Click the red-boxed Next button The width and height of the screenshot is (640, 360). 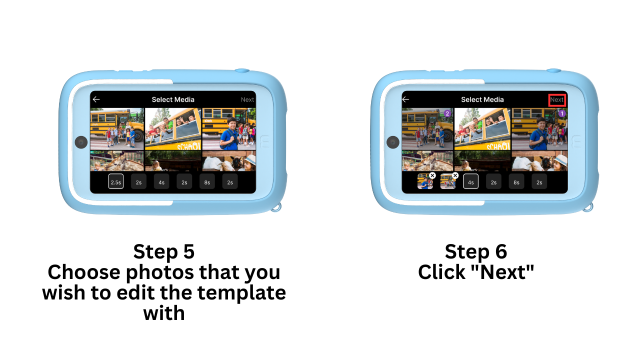pyautogui.click(x=557, y=100)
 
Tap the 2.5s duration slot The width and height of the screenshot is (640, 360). pyautogui.click(x=115, y=181)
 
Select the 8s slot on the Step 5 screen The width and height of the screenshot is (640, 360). pyautogui.click(x=207, y=181)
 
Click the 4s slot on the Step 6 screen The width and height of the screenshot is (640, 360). pyautogui.click(x=470, y=181)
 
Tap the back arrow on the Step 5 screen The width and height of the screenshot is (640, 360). pyautogui.click(x=96, y=99)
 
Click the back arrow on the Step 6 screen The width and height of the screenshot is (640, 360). pyautogui.click(x=405, y=99)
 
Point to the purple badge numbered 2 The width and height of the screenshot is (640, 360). pyautogui.click(x=447, y=113)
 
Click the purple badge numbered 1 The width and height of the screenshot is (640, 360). pyautogui.click(x=562, y=113)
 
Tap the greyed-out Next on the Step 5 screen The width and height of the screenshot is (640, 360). pyautogui.click(x=247, y=99)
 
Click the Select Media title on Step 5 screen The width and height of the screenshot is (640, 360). pyautogui.click(x=173, y=99)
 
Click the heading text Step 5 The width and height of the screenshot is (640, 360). pyautogui.click(x=163, y=251)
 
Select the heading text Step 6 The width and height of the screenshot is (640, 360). pyautogui.click(x=475, y=251)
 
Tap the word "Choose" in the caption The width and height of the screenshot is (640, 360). pyautogui.click(x=84, y=272)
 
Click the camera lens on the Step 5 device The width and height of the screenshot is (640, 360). pyautogui.click(x=81, y=142)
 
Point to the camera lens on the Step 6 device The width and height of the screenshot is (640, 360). pyautogui.click(x=393, y=142)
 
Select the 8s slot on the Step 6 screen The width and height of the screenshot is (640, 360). pyautogui.click(x=516, y=181)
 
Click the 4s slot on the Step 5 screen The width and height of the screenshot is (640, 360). pyautogui.click(x=161, y=181)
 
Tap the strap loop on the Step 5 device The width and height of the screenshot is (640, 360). pyautogui.click(x=276, y=207)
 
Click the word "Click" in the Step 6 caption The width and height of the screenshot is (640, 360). pyautogui.click(x=441, y=272)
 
